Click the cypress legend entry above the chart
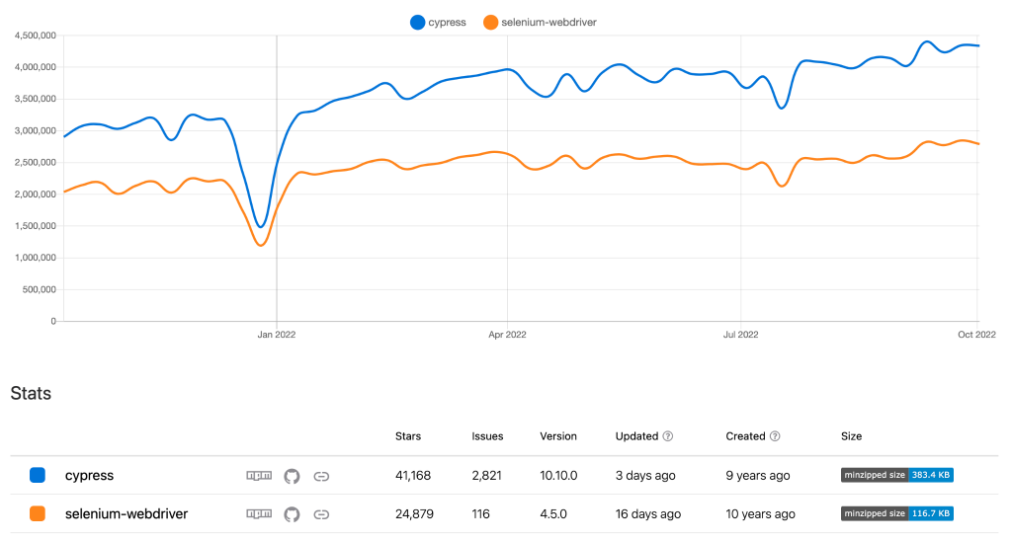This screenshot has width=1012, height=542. coord(439,22)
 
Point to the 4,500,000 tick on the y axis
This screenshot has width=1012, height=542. coord(35,36)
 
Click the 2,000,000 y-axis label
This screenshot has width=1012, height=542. coord(35,194)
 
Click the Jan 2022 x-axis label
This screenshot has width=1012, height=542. coord(276,335)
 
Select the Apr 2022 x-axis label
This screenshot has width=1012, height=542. coord(507,335)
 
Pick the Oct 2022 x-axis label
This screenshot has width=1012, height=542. coord(976,335)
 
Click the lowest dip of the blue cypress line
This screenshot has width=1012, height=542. coord(260,226)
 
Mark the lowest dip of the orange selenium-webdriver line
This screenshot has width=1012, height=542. coord(261,245)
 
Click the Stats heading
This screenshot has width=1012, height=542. coord(31,394)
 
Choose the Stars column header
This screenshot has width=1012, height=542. coord(407,436)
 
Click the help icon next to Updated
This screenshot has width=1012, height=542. coord(668,436)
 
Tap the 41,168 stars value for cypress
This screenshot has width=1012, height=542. coord(413,476)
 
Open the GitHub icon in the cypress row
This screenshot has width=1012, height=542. coord(292,476)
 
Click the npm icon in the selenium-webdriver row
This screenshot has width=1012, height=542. coord(259,514)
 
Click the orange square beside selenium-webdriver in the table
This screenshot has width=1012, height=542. coord(38,514)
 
